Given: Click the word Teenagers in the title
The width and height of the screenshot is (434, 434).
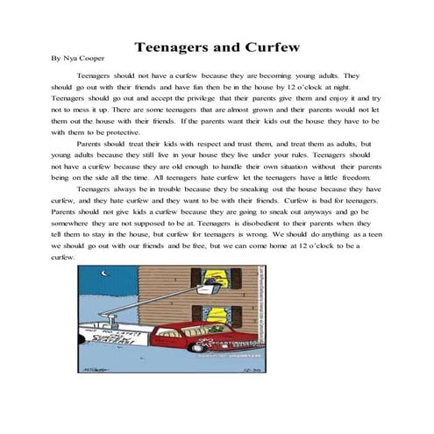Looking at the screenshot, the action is (173, 46).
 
